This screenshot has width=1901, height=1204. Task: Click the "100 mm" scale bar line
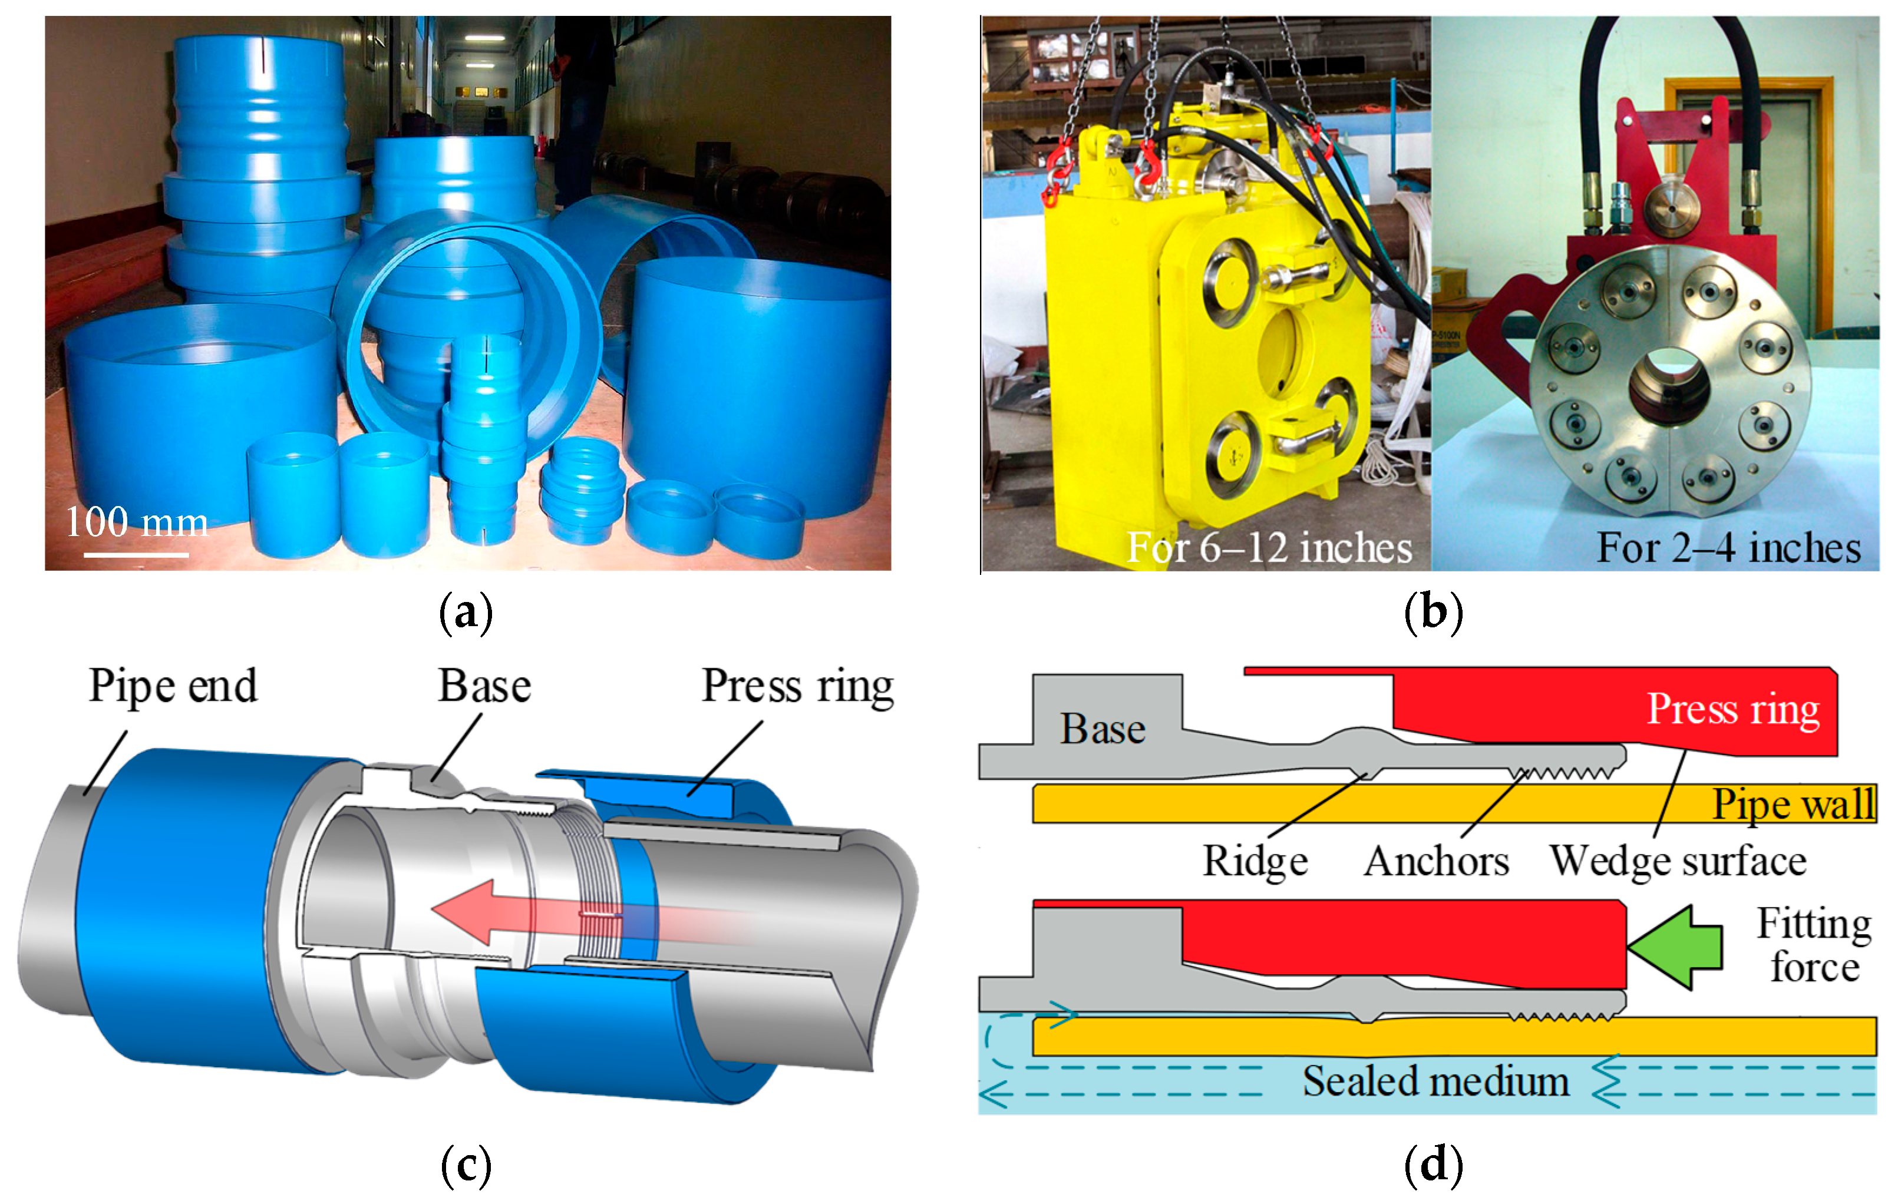[x=136, y=555]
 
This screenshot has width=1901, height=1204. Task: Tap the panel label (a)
[x=466, y=613]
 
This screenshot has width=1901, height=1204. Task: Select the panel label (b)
[x=1433, y=613]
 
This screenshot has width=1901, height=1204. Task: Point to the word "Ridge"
[x=1255, y=861]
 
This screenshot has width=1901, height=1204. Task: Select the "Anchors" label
[x=1436, y=861]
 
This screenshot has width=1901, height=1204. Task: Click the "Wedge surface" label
[x=1678, y=861]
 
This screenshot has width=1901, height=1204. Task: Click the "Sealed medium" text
[x=1435, y=1080]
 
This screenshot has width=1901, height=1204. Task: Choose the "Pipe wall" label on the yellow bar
[x=1793, y=804]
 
